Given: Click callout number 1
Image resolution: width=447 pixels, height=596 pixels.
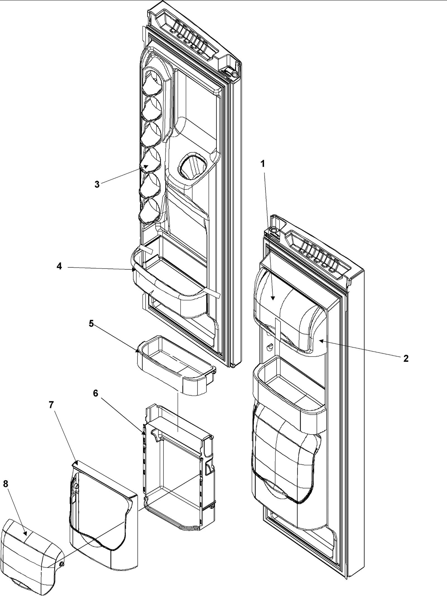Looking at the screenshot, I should point(262,164).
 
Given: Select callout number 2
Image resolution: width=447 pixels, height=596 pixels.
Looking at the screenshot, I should point(406,358).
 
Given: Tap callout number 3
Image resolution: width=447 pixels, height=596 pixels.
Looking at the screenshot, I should point(97,184).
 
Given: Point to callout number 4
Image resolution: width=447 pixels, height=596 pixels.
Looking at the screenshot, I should point(59,266).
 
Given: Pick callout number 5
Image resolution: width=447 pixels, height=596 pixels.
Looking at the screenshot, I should point(91,324).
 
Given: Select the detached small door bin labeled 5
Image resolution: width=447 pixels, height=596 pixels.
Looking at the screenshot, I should point(176,370).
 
